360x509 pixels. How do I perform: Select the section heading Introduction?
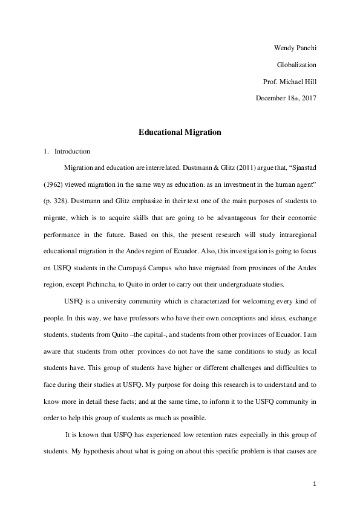point(72,151)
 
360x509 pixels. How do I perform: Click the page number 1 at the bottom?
point(315,484)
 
